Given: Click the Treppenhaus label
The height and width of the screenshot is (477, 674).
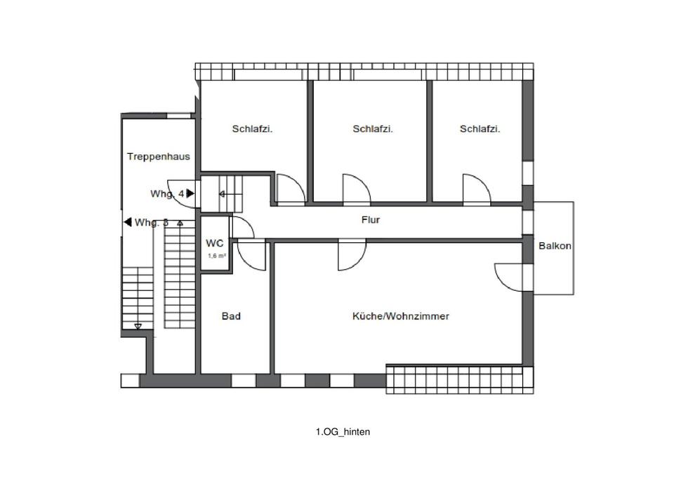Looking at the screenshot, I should tap(158, 157).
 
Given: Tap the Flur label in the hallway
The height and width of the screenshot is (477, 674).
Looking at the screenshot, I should tap(370, 220).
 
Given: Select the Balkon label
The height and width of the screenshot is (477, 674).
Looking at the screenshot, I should tap(555, 246).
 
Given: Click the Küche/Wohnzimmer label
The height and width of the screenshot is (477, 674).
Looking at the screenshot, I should tap(400, 316).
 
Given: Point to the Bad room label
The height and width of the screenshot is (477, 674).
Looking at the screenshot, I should tap(231, 316).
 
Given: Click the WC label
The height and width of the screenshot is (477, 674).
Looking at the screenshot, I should tap(214, 243).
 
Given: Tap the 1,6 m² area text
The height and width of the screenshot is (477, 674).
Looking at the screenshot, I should tap(216, 256).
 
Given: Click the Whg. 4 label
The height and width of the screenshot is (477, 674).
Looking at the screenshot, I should tap(167, 193).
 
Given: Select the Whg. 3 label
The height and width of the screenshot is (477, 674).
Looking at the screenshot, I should tap(152, 223).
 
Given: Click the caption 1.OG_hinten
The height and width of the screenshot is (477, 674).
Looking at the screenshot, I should tap(342, 432).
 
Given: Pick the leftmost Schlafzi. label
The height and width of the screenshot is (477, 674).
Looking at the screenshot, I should tap(252, 129).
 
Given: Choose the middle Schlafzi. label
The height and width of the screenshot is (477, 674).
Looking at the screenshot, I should tap(372, 129).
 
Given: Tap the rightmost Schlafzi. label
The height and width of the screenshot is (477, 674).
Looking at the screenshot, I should tap(480, 129).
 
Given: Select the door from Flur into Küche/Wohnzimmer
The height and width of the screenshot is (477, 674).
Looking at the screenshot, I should tap(351, 256).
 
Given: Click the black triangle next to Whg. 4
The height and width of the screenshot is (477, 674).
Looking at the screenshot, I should tap(190, 193).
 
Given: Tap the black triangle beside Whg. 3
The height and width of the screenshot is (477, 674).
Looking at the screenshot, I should tap(128, 222).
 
